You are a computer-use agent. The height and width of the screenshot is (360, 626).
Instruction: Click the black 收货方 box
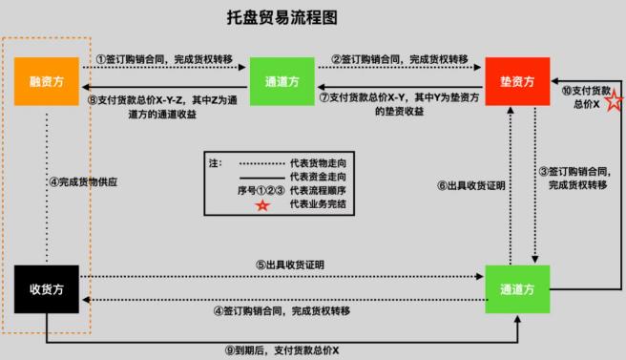pyautogui.click(x=45, y=286)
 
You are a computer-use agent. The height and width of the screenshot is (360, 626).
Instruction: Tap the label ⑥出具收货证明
pyautogui.click(x=469, y=185)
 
